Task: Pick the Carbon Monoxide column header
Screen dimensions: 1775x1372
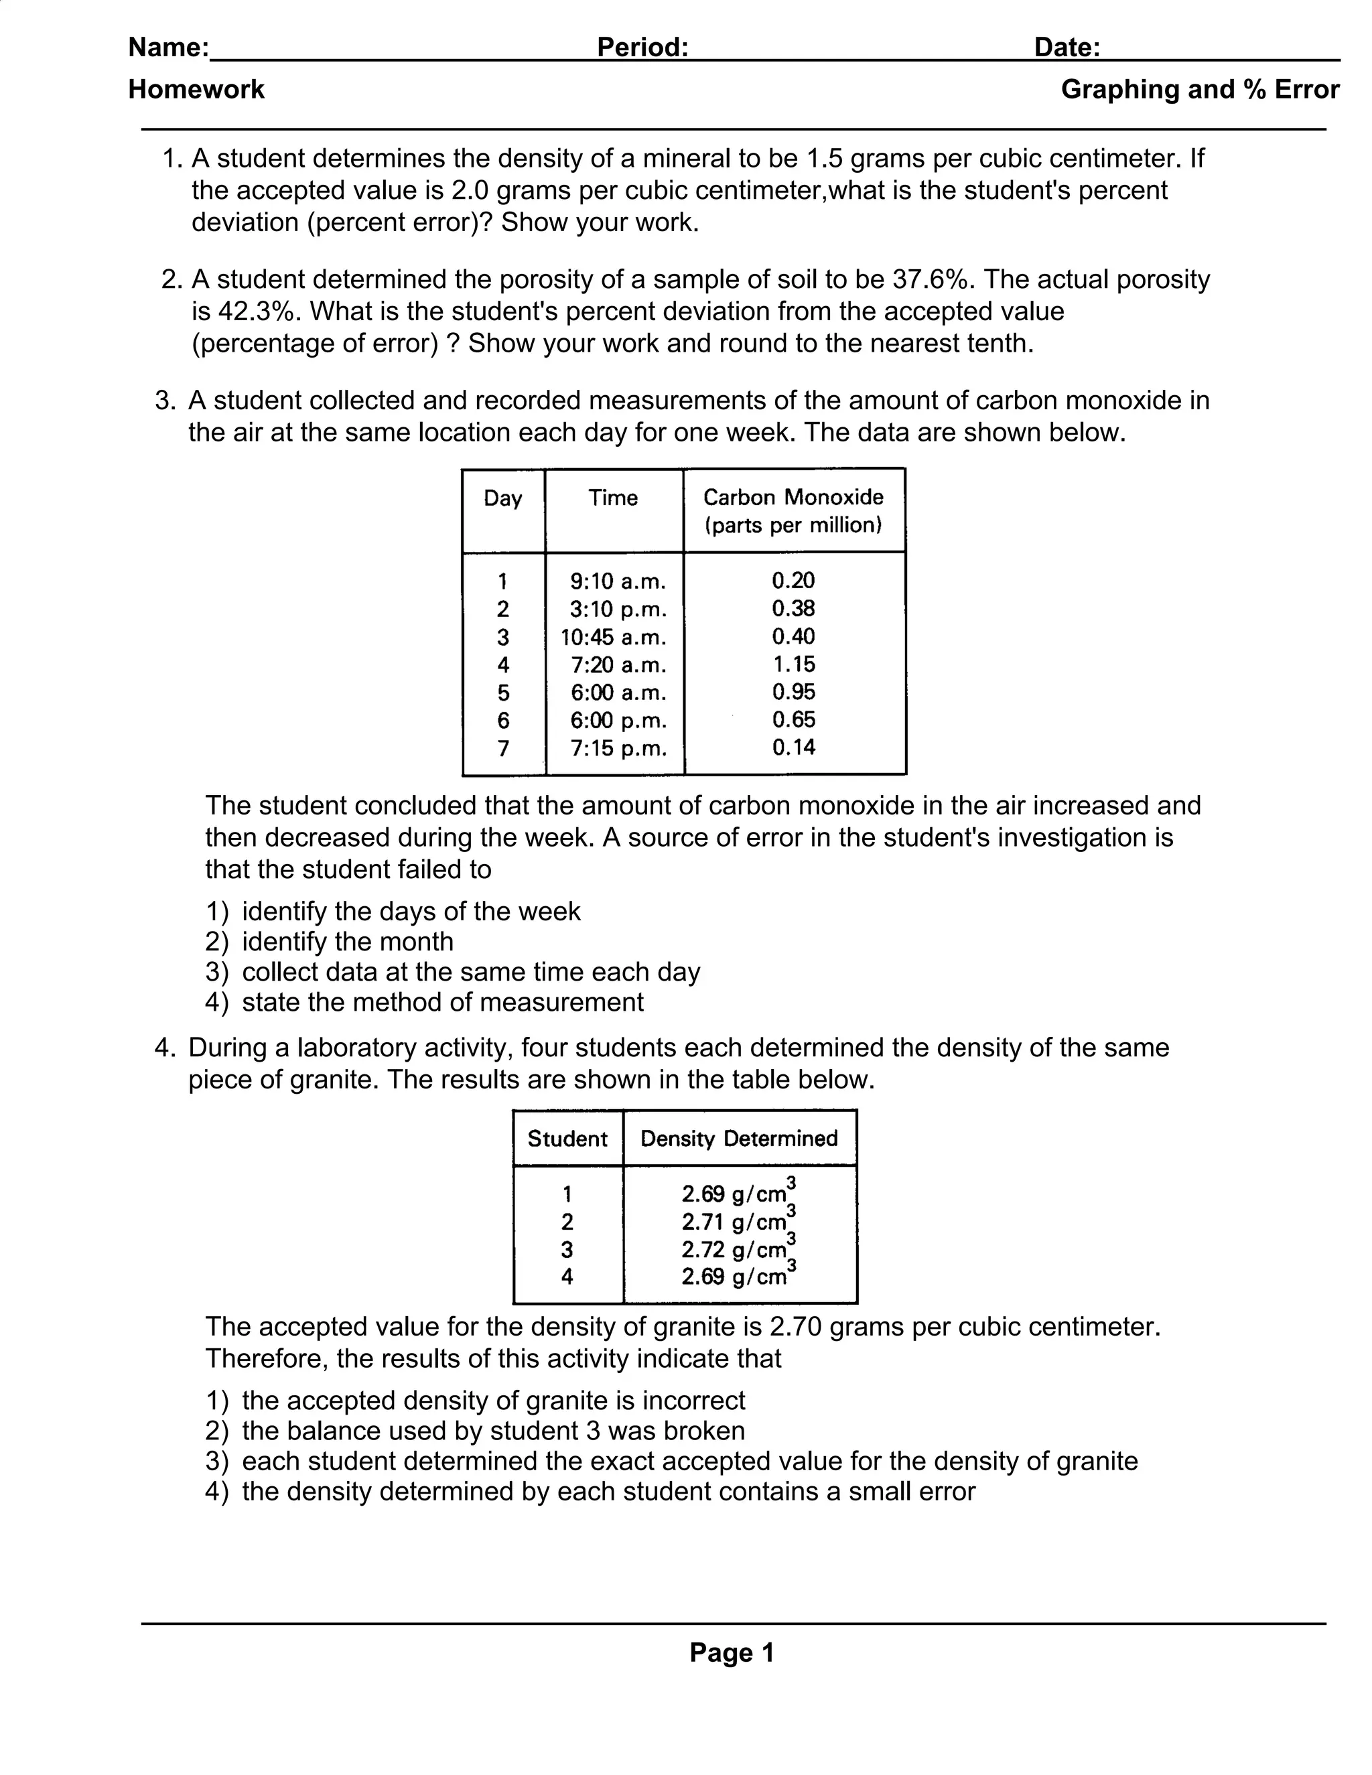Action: point(793,510)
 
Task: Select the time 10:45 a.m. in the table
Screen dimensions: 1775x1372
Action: point(614,636)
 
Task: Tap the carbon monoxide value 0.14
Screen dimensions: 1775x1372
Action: point(793,747)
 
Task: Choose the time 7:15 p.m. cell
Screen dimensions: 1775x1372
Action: point(618,748)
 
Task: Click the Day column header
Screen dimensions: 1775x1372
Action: point(502,498)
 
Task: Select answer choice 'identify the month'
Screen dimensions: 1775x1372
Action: point(347,941)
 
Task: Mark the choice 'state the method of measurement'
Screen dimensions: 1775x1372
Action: point(442,1001)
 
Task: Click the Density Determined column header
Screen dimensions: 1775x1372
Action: point(739,1138)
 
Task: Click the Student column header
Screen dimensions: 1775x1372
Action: point(567,1138)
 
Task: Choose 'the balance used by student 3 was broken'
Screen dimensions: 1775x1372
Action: point(492,1431)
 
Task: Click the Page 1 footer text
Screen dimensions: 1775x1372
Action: point(732,1652)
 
